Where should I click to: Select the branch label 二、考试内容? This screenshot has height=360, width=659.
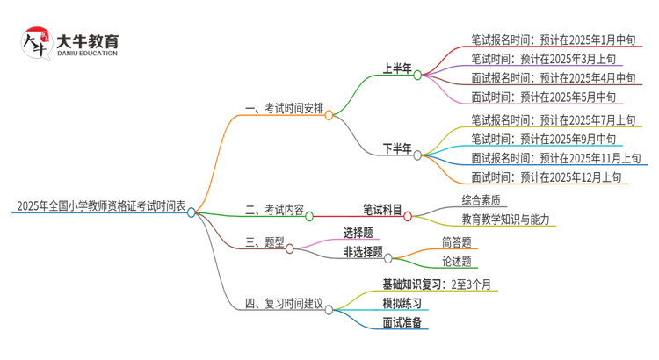(x=274, y=211)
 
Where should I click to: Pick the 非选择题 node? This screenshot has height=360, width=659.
(x=363, y=253)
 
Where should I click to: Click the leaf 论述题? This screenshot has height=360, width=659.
(x=456, y=261)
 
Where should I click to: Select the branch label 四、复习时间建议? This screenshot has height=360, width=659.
(x=283, y=305)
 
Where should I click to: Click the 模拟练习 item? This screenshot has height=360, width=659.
(x=402, y=303)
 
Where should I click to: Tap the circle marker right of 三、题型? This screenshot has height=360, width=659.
(x=290, y=248)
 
